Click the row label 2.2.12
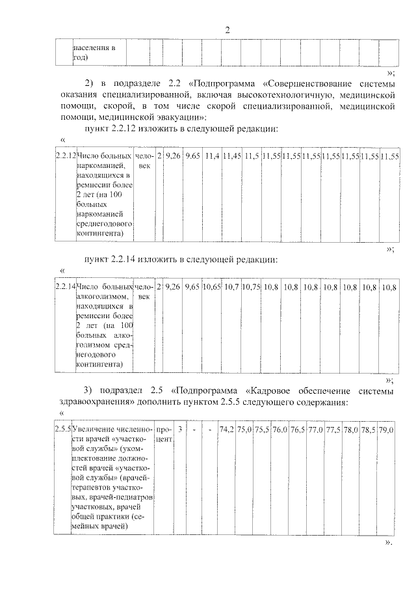65,157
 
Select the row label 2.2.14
65,286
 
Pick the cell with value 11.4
211,157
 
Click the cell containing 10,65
211,286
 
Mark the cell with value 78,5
369,430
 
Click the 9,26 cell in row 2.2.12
173,157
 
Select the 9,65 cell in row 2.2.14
192,286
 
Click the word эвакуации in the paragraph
182,116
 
